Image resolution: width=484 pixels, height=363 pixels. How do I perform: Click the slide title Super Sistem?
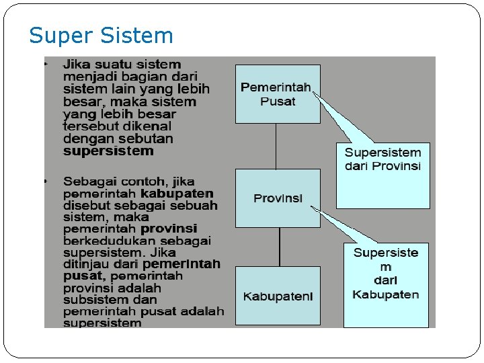101,36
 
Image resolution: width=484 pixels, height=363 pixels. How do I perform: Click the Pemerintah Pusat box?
277,94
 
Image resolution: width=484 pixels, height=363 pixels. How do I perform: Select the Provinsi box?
278,198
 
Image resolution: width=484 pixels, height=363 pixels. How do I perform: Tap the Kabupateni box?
278,296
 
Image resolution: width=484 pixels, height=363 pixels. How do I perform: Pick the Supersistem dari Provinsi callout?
382,175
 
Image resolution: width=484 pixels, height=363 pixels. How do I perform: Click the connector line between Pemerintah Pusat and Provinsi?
276,146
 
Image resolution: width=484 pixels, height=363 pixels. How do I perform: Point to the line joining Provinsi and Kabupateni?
277,247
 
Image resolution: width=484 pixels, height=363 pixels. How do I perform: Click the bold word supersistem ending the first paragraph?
108,151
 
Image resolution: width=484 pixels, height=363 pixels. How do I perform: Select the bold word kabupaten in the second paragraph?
182,194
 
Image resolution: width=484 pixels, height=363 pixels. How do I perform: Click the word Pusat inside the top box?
278,102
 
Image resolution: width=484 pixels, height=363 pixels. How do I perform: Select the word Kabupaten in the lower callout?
386,294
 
